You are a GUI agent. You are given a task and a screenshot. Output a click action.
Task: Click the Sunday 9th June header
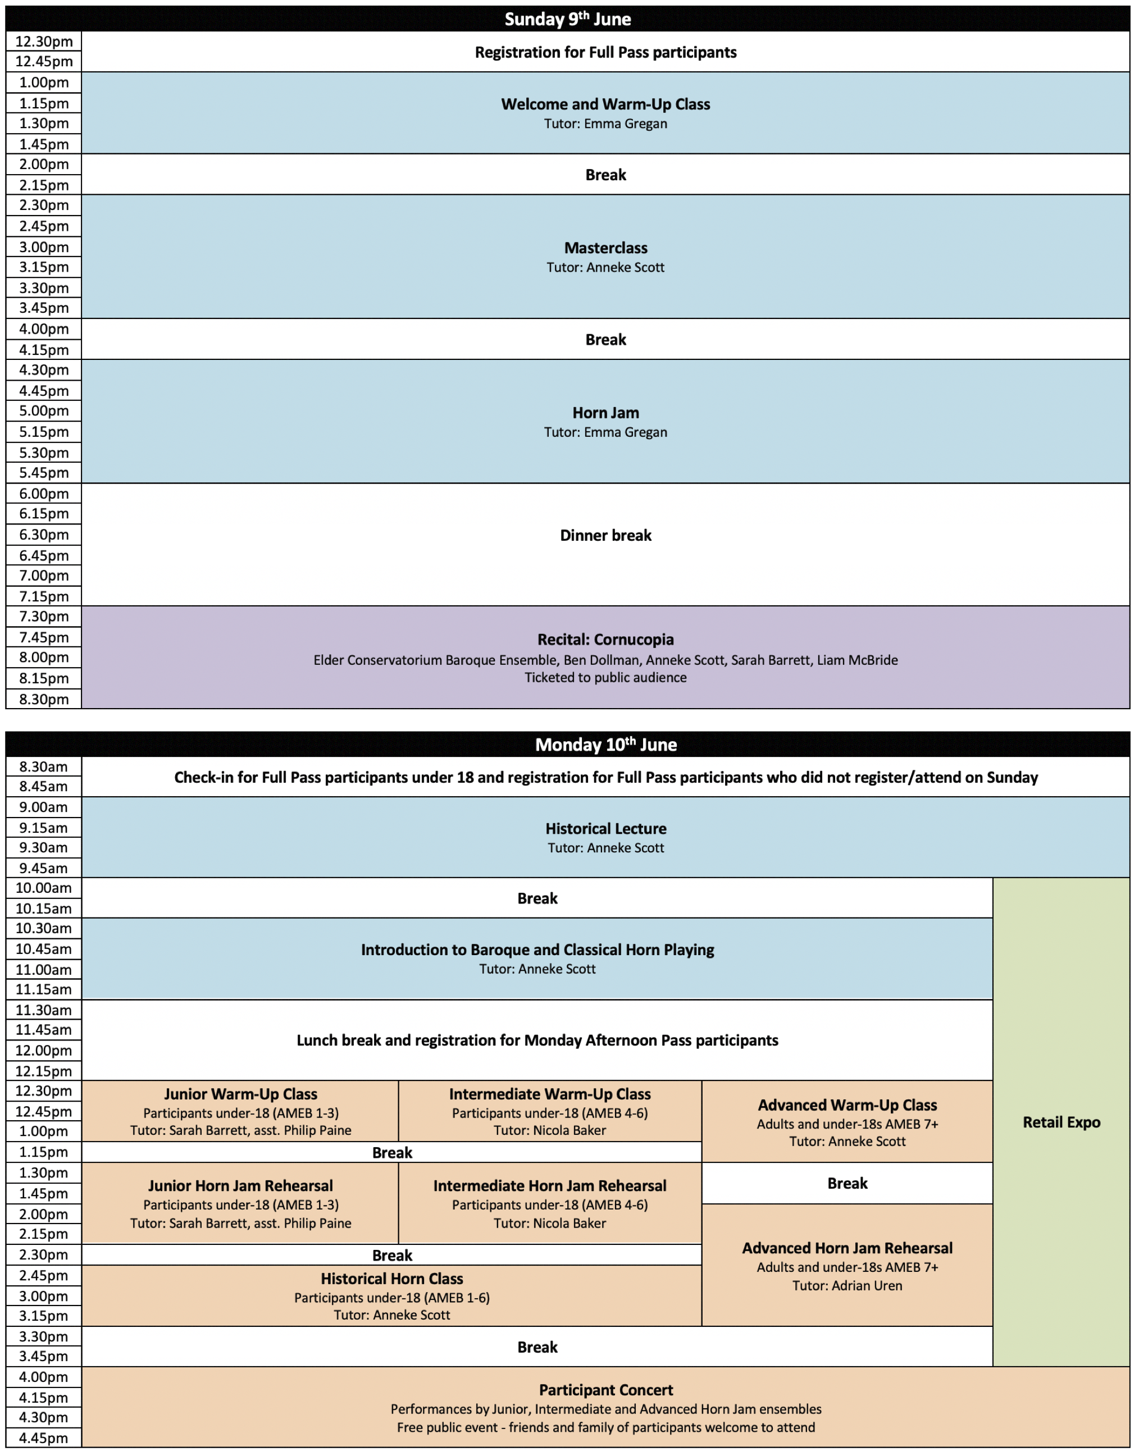(x=567, y=19)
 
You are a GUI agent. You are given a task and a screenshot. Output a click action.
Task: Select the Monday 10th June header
(x=605, y=744)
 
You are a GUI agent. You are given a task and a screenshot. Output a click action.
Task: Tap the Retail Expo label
(x=1061, y=1122)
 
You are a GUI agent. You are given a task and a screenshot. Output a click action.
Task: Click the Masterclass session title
(x=605, y=248)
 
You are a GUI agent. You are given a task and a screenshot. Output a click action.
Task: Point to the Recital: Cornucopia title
(x=605, y=640)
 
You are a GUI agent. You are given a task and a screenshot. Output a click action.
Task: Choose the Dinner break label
(x=605, y=535)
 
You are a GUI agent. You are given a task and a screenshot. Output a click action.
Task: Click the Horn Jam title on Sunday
(x=605, y=413)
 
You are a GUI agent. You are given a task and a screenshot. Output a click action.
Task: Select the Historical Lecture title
(x=605, y=829)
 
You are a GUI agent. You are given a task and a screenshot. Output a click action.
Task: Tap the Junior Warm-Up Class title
(x=241, y=1094)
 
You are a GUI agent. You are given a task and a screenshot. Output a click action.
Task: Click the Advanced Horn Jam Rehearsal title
(x=847, y=1248)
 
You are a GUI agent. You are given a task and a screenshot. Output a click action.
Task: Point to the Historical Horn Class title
(x=391, y=1279)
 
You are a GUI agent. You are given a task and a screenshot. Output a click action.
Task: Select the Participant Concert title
(x=605, y=1390)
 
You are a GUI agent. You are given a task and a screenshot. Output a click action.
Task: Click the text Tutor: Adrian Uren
(x=847, y=1285)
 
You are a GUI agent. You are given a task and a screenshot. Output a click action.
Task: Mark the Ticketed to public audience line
(x=605, y=677)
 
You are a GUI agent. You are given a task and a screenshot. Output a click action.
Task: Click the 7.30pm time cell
(x=43, y=616)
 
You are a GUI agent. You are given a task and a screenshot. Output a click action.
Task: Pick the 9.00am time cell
(x=43, y=807)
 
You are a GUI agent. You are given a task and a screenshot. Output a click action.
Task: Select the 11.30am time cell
(x=43, y=1010)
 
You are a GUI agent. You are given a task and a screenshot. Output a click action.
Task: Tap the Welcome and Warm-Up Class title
(x=605, y=104)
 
